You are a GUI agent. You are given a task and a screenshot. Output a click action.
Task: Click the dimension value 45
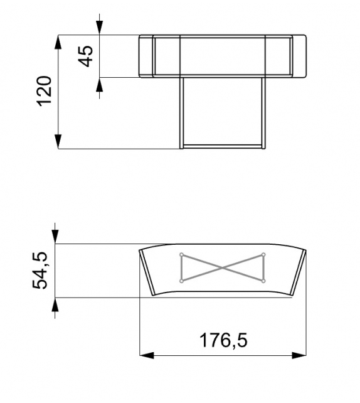(x=87, y=56)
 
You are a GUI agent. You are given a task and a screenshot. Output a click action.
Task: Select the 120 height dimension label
(x=44, y=92)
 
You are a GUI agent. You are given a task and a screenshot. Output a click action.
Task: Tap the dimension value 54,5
(x=41, y=271)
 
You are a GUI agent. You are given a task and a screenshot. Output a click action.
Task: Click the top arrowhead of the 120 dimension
(x=58, y=42)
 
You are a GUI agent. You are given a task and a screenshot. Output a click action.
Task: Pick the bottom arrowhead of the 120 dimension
(x=58, y=142)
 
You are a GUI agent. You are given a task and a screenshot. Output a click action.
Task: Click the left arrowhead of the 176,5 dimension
(x=146, y=355)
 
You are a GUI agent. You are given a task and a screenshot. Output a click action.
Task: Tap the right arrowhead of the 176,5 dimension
(x=300, y=355)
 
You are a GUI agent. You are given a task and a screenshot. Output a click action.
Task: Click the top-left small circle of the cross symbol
(x=181, y=254)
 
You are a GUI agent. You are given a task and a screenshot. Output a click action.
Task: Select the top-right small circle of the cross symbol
(x=264, y=254)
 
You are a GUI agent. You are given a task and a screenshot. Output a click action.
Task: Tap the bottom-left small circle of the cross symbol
(x=181, y=281)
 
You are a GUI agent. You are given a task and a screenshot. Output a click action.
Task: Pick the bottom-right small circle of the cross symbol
(x=264, y=281)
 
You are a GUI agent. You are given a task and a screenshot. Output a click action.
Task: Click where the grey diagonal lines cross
(x=223, y=267)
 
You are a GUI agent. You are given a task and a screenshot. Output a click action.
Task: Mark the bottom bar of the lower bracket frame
(x=223, y=147)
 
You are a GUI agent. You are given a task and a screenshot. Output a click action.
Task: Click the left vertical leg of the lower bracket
(x=182, y=113)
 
